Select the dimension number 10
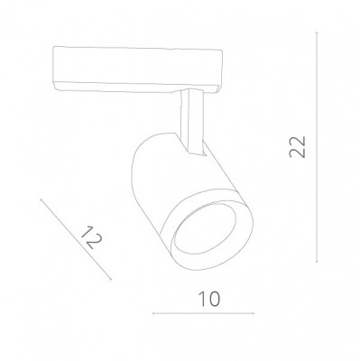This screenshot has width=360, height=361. [x=207, y=297]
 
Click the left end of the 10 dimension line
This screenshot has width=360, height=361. [x=154, y=314]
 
